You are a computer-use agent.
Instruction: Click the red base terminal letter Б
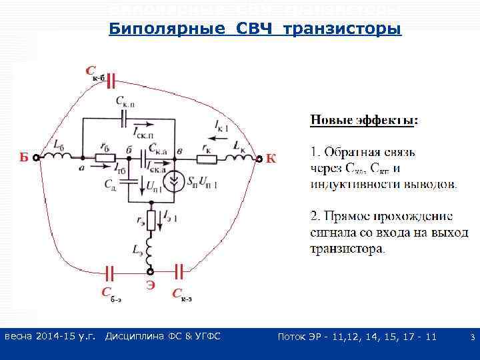(x=24, y=159)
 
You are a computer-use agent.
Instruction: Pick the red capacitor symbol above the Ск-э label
(x=179, y=270)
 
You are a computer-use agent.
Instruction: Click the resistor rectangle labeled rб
(x=103, y=158)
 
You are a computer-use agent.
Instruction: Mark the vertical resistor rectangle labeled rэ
(x=151, y=219)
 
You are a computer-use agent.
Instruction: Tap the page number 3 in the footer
(x=472, y=338)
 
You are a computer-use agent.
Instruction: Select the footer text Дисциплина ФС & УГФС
(x=163, y=337)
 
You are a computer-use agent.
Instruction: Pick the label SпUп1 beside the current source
(x=207, y=181)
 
